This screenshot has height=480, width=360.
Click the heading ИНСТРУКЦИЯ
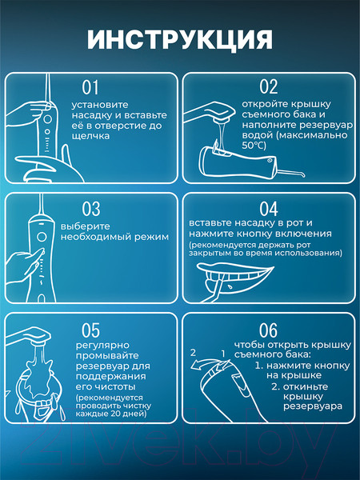(x=180, y=40)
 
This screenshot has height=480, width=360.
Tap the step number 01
(x=90, y=87)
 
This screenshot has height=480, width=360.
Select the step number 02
(x=269, y=86)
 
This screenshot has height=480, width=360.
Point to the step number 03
(x=91, y=209)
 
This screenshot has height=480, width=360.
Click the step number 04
(x=269, y=209)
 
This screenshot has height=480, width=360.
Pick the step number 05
(x=90, y=330)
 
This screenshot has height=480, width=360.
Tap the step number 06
(x=268, y=330)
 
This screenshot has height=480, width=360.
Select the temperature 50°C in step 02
(x=254, y=146)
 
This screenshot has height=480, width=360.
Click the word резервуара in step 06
(x=313, y=406)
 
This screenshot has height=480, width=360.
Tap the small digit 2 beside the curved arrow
(x=193, y=353)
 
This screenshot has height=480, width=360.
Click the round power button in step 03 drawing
(x=42, y=237)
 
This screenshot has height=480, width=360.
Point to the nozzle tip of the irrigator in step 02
(x=303, y=174)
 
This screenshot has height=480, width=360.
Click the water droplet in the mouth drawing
(x=229, y=287)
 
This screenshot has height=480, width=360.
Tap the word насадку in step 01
(x=89, y=115)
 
